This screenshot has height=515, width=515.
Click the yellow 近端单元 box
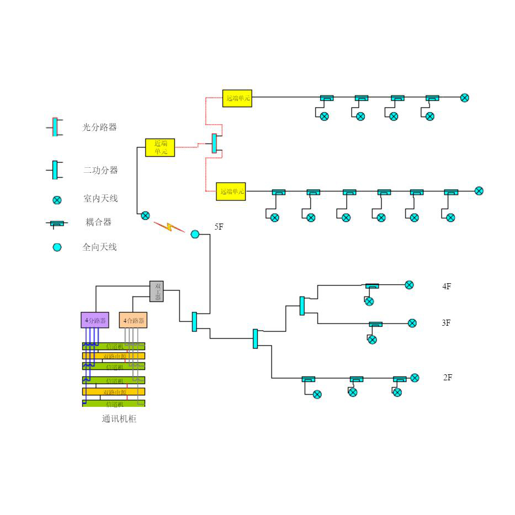pos(160,147)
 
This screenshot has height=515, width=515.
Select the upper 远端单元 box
pos(237,98)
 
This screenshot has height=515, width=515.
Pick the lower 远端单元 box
pos(231,191)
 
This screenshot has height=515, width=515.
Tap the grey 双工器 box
pos(157,291)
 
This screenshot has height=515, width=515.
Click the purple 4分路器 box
pos(95,320)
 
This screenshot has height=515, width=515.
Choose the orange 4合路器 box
pos(133,320)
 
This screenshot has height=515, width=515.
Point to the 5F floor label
pos(219,227)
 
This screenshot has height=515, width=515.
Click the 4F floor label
pos(447,286)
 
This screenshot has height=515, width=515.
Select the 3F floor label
pos(447,323)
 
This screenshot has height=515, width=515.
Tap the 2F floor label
pos(448,378)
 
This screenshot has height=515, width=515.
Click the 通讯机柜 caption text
pos(119,419)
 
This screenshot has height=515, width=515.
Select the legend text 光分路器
pos(100,128)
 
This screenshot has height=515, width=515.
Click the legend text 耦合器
pos(99,222)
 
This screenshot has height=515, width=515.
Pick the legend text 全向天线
pos(100,247)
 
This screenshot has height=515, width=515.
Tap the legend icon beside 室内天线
pos(57,200)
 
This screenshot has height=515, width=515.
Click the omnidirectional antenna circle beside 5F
pos(195,234)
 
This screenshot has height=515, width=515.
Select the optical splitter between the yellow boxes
pos(215,144)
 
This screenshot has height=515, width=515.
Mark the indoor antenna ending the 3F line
pos(412,323)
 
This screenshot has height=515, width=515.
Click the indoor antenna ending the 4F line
pos(409,285)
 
